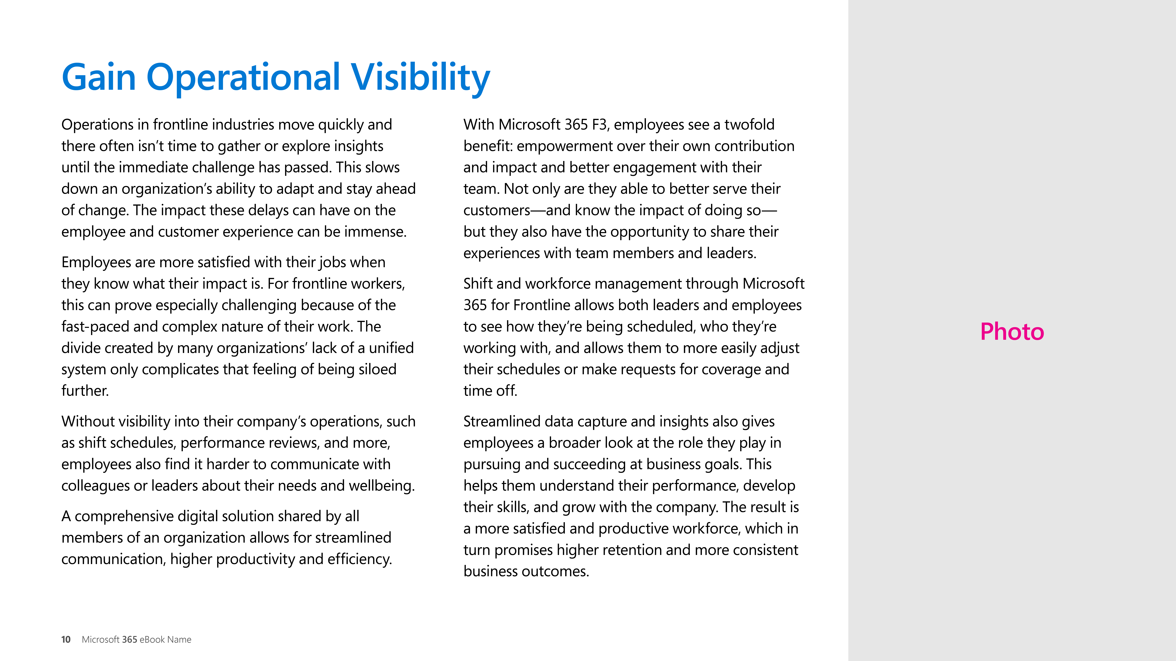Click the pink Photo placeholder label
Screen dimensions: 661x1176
(1012, 332)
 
